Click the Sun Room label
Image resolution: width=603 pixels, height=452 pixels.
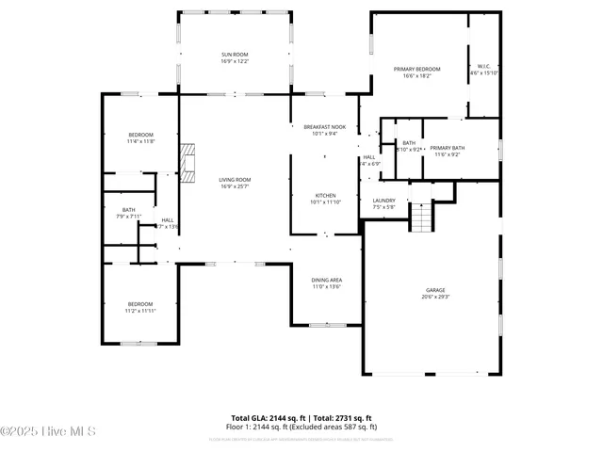click(234, 56)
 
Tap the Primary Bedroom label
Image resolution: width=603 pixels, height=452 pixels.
click(416, 69)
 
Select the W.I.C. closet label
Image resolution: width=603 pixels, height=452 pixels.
click(483, 66)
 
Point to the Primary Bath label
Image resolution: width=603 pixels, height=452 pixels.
click(448, 148)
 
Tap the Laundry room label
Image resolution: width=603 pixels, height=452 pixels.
click(383, 200)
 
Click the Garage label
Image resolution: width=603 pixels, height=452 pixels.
click(434, 290)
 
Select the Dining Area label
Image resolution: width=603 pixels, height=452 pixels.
click(326, 281)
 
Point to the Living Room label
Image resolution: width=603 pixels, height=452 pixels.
click(235, 179)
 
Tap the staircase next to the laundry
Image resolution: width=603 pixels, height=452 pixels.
click(421, 218)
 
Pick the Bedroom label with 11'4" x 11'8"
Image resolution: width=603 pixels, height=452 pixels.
click(140, 135)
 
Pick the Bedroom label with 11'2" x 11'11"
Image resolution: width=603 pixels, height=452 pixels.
click(140, 303)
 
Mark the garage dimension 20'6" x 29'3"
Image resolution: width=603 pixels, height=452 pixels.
click(434, 297)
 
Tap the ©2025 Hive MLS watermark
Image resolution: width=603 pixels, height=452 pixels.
click(48, 432)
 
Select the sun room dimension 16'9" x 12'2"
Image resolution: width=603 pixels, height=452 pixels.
click(234, 62)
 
